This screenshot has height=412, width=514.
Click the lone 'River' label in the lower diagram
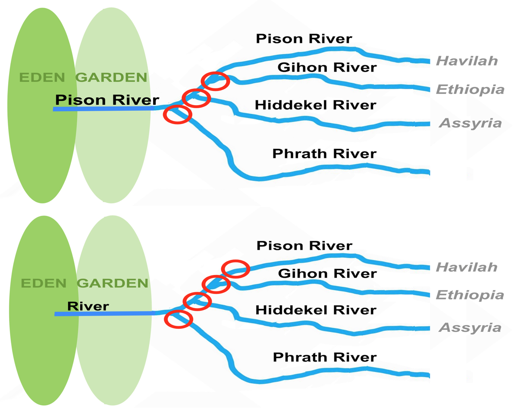click(x=88, y=306)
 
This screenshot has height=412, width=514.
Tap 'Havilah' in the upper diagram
click(x=467, y=61)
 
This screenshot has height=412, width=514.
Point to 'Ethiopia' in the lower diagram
click(x=470, y=295)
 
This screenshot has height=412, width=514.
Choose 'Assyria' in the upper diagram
click(x=470, y=124)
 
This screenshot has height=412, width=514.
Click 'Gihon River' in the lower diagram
click(x=327, y=273)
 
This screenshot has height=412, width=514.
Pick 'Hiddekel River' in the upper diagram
click(x=315, y=105)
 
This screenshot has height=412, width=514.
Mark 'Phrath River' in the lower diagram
click(x=325, y=357)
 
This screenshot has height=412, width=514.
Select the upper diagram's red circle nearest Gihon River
click(x=215, y=81)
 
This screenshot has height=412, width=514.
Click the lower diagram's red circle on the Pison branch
click(x=236, y=269)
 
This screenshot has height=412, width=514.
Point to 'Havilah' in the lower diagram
click(x=467, y=267)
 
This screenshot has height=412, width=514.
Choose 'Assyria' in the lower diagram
click(x=470, y=328)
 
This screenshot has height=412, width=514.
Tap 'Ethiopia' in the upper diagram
click(x=470, y=89)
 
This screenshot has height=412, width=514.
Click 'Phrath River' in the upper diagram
click(x=324, y=153)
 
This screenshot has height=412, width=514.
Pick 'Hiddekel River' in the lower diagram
click(x=316, y=310)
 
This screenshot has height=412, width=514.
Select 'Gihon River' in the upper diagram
click(x=327, y=67)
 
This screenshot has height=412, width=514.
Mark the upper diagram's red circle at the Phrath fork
click(x=177, y=115)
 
